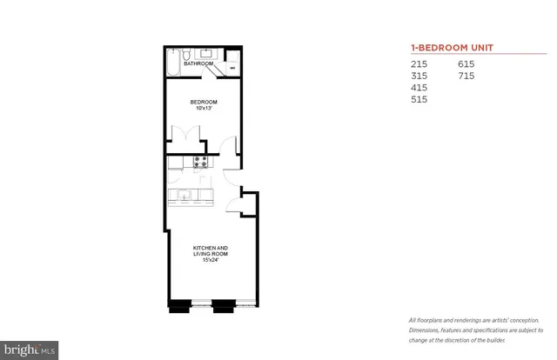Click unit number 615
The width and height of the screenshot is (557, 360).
467,64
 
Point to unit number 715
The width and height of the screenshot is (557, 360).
467,76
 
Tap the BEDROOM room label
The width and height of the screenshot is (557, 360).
204,103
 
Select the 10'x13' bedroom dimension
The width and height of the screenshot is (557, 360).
204,109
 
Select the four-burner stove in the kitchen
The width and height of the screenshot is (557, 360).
200,162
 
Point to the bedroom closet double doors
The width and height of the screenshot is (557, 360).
188,136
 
